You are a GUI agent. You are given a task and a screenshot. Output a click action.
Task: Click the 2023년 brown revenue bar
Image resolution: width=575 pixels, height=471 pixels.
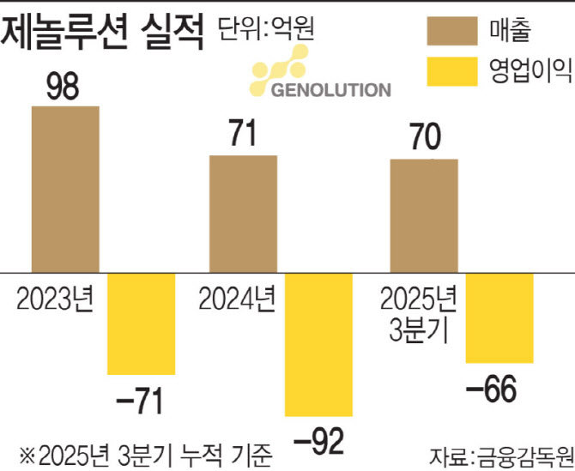65,189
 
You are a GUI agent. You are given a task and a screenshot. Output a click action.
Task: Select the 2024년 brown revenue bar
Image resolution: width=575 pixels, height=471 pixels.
244,214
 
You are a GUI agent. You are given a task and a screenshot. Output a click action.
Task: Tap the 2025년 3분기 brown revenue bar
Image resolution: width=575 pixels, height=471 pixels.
424,215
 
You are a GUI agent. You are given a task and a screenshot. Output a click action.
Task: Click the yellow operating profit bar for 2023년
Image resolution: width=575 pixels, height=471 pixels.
141,323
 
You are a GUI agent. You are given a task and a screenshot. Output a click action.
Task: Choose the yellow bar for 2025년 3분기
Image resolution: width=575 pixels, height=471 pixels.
499,317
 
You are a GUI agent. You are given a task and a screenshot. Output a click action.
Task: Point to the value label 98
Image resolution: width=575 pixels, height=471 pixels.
65,86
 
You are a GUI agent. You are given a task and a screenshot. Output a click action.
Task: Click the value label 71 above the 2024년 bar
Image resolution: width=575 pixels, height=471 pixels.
244,136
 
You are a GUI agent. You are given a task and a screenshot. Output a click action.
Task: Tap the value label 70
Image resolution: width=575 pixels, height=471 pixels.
424,138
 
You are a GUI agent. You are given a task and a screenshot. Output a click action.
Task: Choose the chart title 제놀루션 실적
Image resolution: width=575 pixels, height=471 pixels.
103,32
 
